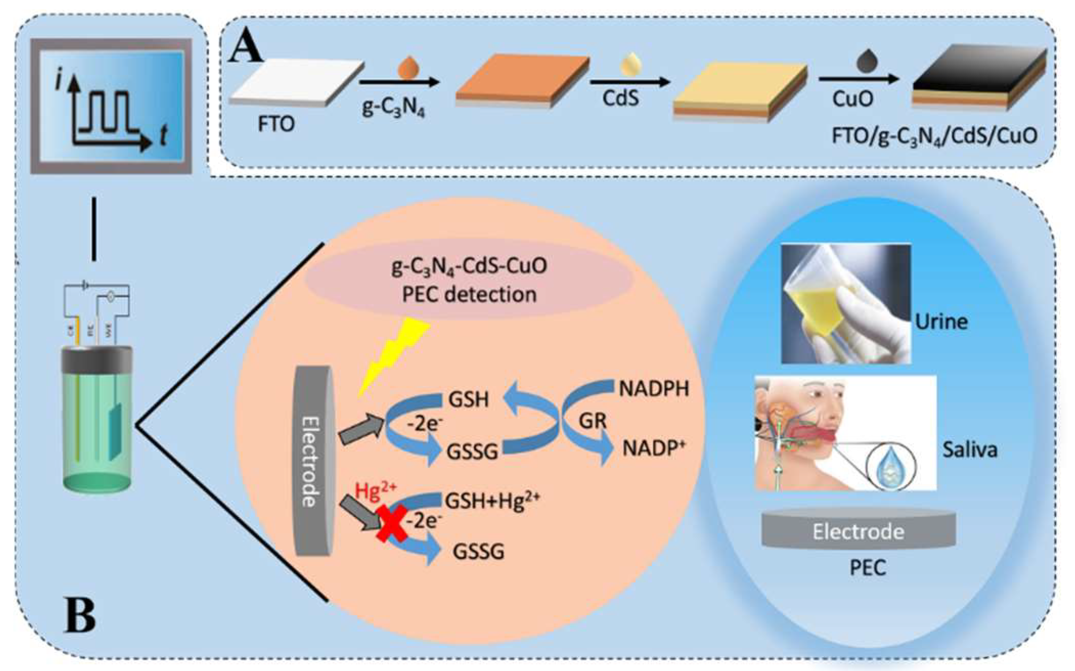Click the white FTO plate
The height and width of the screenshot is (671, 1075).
[x=297, y=82]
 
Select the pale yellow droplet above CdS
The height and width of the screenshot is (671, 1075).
[x=630, y=65]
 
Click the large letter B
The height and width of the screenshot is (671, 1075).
[x=80, y=615]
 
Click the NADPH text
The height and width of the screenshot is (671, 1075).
[x=654, y=389]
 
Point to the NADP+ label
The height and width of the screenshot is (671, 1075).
[x=653, y=449]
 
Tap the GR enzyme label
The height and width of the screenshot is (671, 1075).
[x=592, y=421]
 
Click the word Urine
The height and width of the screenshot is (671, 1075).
[x=941, y=322]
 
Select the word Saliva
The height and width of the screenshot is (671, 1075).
[x=970, y=450]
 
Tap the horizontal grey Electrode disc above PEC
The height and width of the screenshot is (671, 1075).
[x=858, y=531]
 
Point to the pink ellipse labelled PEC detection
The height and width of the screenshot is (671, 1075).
[x=469, y=280]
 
